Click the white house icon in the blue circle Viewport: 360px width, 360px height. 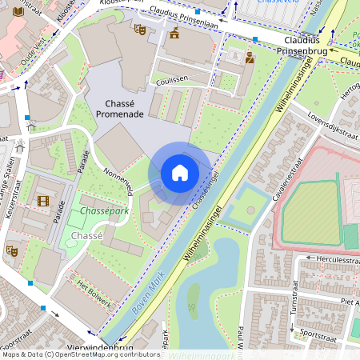coord(180,173)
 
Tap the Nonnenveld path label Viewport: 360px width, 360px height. coord(119,180)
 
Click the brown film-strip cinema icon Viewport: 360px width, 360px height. coord(42,201)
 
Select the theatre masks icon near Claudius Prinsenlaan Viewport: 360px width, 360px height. coord(139,30)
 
